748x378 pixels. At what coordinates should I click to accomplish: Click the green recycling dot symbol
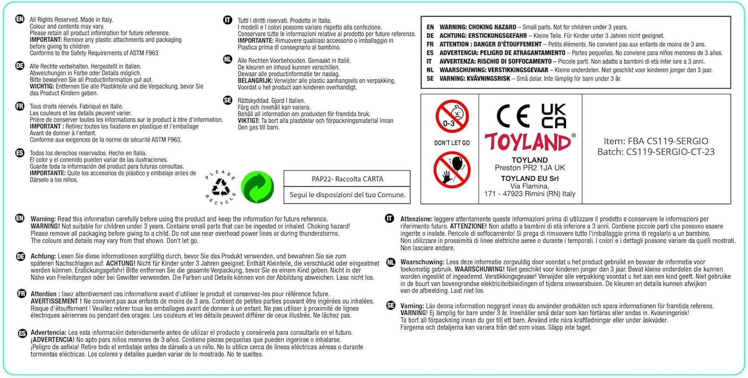tap(257, 187)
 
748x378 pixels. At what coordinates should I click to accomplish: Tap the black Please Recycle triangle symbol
tap(221, 188)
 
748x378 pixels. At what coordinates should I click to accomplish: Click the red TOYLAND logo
tap(528, 142)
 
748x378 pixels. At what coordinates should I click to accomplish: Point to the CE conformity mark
tap(513, 116)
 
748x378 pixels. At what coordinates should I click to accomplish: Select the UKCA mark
tap(554, 116)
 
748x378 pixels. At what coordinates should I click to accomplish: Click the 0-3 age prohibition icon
tap(452, 116)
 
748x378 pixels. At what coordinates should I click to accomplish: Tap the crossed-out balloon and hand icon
tap(452, 170)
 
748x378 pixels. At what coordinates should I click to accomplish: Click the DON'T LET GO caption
tap(452, 143)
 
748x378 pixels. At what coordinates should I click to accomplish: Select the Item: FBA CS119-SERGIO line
tap(656, 141)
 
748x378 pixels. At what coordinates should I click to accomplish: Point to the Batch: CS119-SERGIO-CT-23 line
tap(656, 152)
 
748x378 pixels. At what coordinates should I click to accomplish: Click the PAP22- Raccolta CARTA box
tap(347, 179)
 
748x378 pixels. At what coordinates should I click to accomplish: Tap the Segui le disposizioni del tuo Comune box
tap(347, 195)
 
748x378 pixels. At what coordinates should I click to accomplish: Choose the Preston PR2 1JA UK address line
tap(530, 168)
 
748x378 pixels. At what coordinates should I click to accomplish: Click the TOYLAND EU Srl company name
tap(530, 178)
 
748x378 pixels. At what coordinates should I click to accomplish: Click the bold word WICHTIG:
tap(42, 86)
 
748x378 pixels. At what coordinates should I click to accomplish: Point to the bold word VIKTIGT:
tap(249, 121)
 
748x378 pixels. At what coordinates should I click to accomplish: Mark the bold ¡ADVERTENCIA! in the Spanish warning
tap(52, 340)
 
